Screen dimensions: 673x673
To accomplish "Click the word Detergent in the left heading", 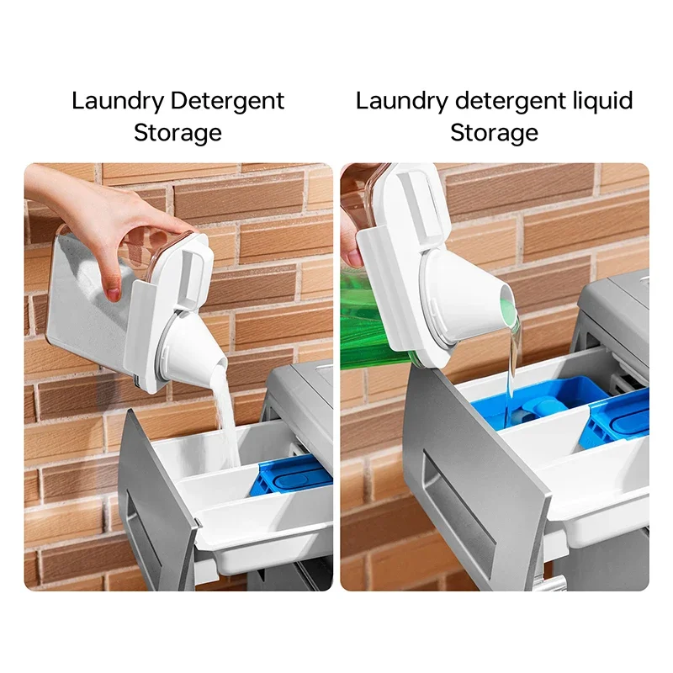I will click(227, 102).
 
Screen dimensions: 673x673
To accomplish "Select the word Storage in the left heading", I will click(178, 133).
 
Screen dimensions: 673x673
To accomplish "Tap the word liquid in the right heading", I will click(599, 102).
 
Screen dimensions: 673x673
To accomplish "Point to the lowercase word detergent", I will click(507, 102).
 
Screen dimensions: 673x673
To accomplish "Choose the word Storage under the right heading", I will click(494, 133).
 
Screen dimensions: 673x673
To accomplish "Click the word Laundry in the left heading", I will click(117, 102).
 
